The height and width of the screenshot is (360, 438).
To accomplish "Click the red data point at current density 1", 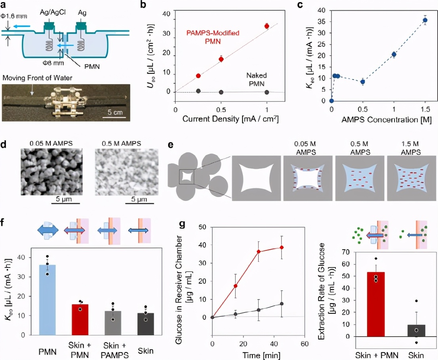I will coord(267,26).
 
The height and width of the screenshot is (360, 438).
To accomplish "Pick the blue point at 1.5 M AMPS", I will coord(425,20).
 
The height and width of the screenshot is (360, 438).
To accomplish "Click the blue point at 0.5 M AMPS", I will coord(362,82).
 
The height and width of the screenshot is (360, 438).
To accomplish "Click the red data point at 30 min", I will coord(259,252).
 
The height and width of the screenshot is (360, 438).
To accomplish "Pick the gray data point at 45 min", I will coord(282,304).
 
